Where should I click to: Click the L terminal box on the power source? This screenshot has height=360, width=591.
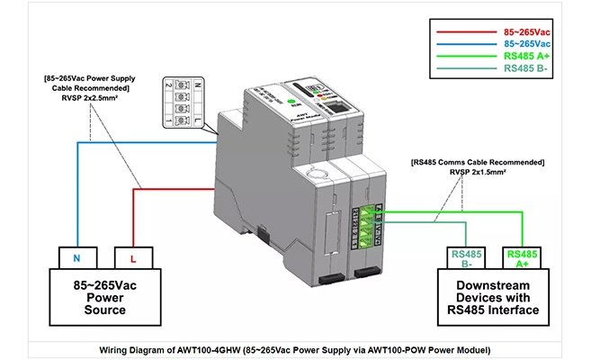(133, 258)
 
